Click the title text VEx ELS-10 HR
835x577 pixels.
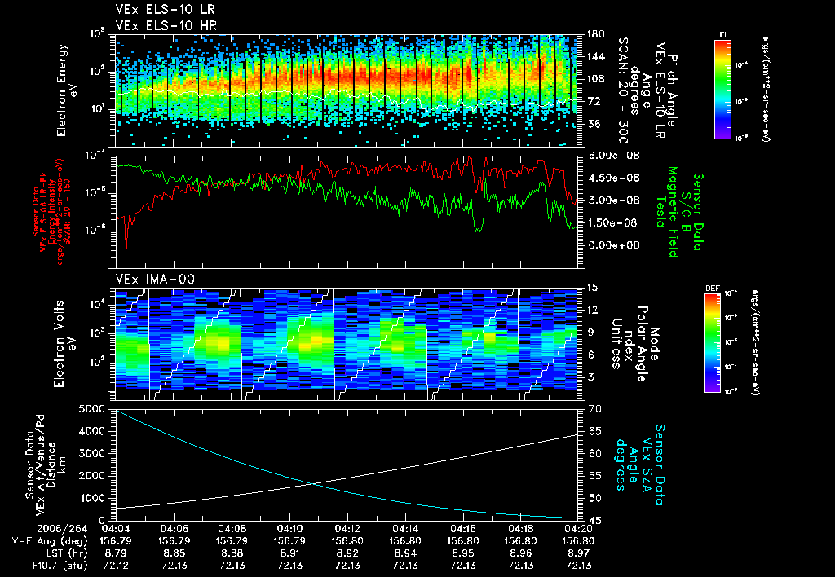(x=157, y=25)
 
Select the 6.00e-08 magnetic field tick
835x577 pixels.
(x=606, y=155)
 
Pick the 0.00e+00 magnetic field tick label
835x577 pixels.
(x=606, y=244)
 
